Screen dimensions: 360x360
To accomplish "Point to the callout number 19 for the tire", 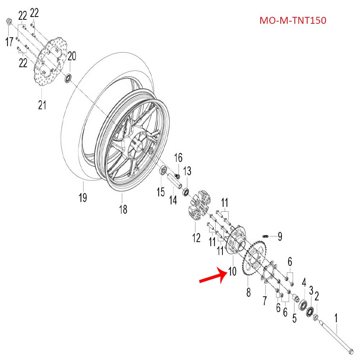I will pos(83,198).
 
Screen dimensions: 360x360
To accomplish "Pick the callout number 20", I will pos(72,56).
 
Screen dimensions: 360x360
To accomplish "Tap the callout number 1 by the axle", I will pos(336,318).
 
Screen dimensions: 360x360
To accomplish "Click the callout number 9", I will pos(280,237).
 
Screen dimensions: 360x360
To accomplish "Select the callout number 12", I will pos(196,238).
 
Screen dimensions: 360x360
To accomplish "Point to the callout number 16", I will pos(179,158).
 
